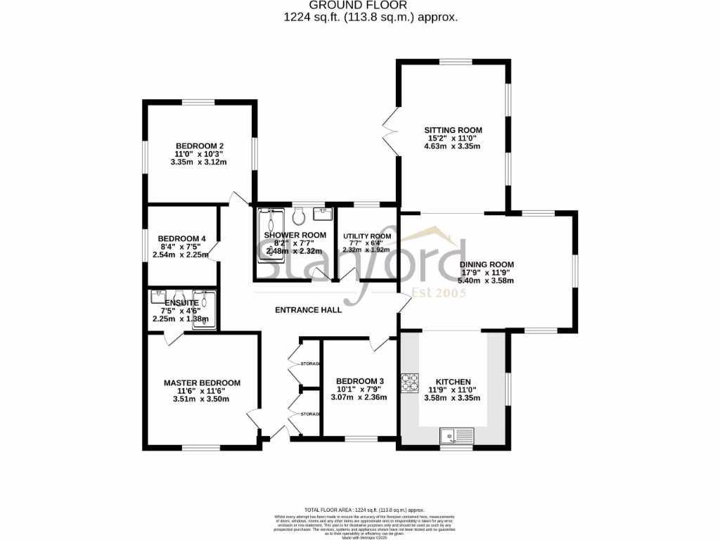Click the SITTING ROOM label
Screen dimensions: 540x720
453,130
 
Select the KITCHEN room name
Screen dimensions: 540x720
452,382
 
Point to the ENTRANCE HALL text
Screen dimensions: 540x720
308,309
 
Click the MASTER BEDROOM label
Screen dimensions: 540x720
202,383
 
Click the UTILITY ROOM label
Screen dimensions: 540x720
366,236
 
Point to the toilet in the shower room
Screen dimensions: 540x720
298,213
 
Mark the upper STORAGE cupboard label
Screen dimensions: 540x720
310,364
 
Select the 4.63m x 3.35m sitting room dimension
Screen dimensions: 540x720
452,146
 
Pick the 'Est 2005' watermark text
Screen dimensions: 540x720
439,292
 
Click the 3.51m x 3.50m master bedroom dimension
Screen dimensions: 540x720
202,399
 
